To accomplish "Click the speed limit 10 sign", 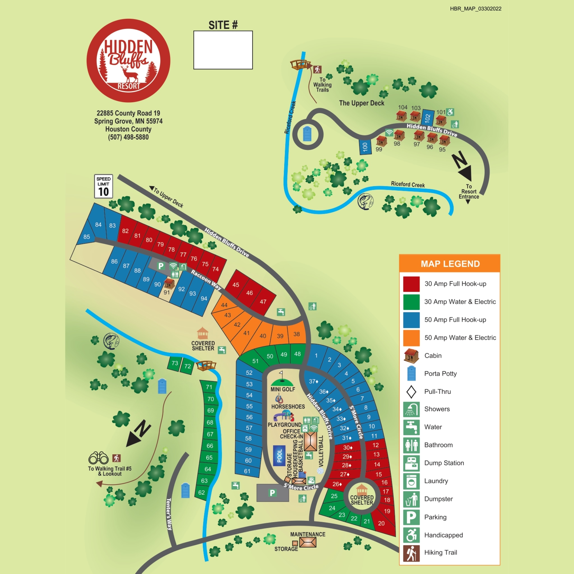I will [x=103, y=186].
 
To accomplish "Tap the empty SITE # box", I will [x=223, y=50].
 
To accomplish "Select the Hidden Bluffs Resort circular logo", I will [x=128, y=61].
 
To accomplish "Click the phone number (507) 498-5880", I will [x=128, y=137].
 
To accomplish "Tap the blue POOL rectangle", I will [x=279, y=455].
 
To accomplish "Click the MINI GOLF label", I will [x=283, y=389].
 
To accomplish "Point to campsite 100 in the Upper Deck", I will [x=365, y=147].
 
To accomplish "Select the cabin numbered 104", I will [x=401, y=115].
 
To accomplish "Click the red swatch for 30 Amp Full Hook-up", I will [x=411, y=284].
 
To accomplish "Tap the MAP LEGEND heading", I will [x=450, y=264].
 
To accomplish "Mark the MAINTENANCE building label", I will [x=307, y=534].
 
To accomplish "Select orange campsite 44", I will [x=224, y=305].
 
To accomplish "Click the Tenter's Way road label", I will [x=169, y=514].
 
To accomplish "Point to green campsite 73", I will [x=174, y=363].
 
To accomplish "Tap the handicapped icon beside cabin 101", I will [x=450, y=112].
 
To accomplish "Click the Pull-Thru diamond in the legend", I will [x=411, y=392].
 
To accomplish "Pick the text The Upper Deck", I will [x=362, y=103].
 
